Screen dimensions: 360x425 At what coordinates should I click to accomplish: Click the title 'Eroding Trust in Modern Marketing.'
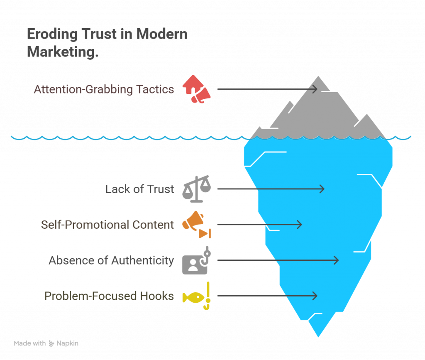[107, 43]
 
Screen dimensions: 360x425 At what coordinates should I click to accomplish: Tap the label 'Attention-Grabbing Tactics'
[104, 89]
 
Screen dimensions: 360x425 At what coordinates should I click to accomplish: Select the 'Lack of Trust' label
[139, 189]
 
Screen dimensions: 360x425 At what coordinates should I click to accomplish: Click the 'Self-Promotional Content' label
[107, 225]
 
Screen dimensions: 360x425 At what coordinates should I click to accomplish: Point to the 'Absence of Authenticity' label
[111, 260]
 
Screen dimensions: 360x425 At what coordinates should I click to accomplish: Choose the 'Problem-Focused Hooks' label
[109, 296]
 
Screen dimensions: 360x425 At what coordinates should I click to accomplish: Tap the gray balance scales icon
[196, 189]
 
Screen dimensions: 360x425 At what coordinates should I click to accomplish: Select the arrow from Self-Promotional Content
[259, 225]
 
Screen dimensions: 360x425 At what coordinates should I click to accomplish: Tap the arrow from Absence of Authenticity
[278, 260]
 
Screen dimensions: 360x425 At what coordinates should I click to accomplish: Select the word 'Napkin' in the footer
[67, 343]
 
